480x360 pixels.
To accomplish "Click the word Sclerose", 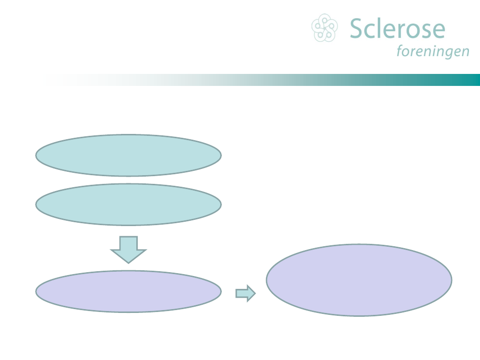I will pos(397,29).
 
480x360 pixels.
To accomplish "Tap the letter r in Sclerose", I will pos(403,31).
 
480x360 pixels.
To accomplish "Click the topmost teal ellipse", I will pos(128,155).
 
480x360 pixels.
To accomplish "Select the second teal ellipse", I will pos(128,204).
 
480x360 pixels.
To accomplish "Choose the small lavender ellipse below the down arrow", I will pos(128,291).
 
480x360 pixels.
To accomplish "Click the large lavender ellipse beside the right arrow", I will pos(359,280).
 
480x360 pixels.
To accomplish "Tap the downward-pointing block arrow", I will pos(128,249).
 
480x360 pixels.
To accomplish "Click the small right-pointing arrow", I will pos(245,293).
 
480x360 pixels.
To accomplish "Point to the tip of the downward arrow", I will pos(128,262).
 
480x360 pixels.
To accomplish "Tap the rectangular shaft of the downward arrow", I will pos(128,243).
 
